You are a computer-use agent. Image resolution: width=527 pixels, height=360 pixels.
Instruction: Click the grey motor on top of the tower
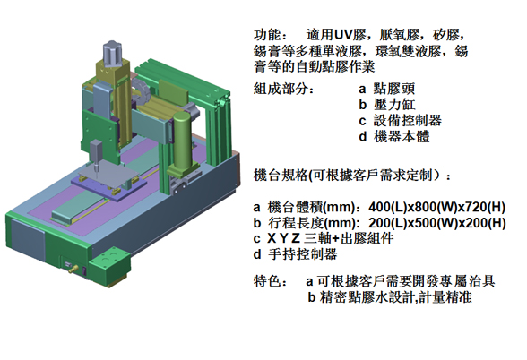(112, 54)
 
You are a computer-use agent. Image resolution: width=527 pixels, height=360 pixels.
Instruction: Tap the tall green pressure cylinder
(182, 141)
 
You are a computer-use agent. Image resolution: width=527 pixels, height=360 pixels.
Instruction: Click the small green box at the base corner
(109, 266)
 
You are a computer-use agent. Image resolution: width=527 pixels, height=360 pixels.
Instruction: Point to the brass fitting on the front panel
(73, 269)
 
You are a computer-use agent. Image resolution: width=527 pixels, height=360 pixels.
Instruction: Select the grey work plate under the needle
(109, 174)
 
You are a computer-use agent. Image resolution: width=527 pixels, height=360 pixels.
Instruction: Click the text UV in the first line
(342, 35)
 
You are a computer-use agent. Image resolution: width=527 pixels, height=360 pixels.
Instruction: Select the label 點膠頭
(394, 89)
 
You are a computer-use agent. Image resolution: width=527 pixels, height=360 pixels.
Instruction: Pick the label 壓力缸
(394, 105)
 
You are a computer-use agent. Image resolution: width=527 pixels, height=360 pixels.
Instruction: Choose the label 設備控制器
(407, 120)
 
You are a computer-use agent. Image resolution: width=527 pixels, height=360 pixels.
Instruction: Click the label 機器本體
(402, 136)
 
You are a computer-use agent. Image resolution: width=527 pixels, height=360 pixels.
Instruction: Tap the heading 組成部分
(281, 89)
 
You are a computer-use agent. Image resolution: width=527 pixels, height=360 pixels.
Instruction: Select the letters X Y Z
(283, 238)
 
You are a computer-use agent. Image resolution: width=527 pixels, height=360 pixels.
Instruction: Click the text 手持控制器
(303, 254)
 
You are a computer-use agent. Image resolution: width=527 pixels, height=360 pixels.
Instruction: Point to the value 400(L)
(388, 207)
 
